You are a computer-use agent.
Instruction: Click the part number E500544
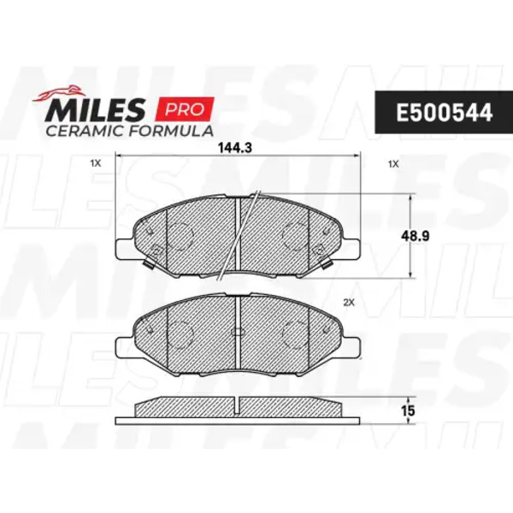[x=444, y=113]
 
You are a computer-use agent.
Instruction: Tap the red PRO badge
[x=186, y=109]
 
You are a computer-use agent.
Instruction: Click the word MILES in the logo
[x=96, y=109]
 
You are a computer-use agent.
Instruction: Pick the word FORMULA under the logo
[x=171, y=131]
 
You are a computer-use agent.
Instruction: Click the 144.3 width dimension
[x=235, y=148]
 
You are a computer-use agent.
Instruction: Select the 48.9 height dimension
[x=416, y=236]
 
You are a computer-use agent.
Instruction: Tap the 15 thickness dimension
[x=408, y=411]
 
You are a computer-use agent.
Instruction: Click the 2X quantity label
[x=349, y=303]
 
